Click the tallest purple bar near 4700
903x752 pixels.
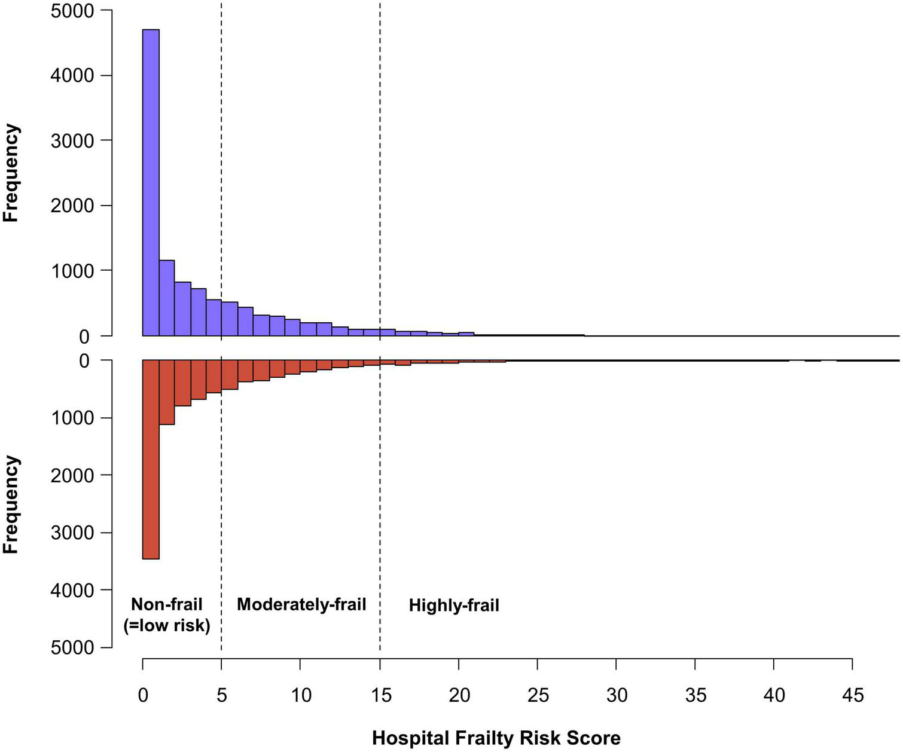pyautogui.click(x=151, y=182)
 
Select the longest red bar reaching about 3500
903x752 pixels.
pyautogui.click(x=151, y=459)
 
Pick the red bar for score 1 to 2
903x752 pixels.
pyautogui.click(x=167, y=392)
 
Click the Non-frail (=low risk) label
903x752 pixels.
pyautogui.click(x=167, y=615)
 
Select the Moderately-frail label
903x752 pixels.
pyautogui.click(x=301, y=604)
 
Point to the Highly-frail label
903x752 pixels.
pyautogui.click(x=454, y=606)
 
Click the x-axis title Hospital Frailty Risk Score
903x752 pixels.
pyautogui.click(x=496, y=738)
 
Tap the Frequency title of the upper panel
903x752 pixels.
pyautogui.click(x=11, y=173)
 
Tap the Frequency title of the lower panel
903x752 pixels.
pyautogui.click(x=11, y=505)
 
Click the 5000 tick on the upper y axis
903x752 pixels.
pyautogui.click(x=74, y=11)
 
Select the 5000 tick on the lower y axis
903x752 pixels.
pyautogui.click(x=74, y=647)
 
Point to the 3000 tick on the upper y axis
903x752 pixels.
pyautogui.click(x=74, y=140)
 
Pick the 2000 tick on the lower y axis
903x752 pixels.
pyautogui.click(x=74, y=475)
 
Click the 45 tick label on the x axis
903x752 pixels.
pyautogui.click(x=852, y=696)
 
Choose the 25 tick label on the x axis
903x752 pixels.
pyautogui.click(x=537, y=696)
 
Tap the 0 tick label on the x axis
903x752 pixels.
pyautogui.click(x=143, y=696)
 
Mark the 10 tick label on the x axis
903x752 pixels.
pyautogui.click(x=301, y=696)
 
